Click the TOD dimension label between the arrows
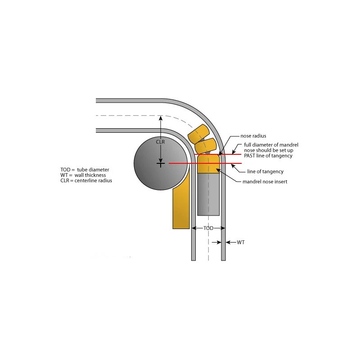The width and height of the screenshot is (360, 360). pyautogui.click(x=208, y=229)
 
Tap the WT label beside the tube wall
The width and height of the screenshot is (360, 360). pyautogui.click(x=241, y=243)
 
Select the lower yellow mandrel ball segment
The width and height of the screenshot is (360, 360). pyautogui.click(x=206, y=146)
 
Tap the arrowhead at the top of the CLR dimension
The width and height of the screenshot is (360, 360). pyautogui.click(x=161, y=118)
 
